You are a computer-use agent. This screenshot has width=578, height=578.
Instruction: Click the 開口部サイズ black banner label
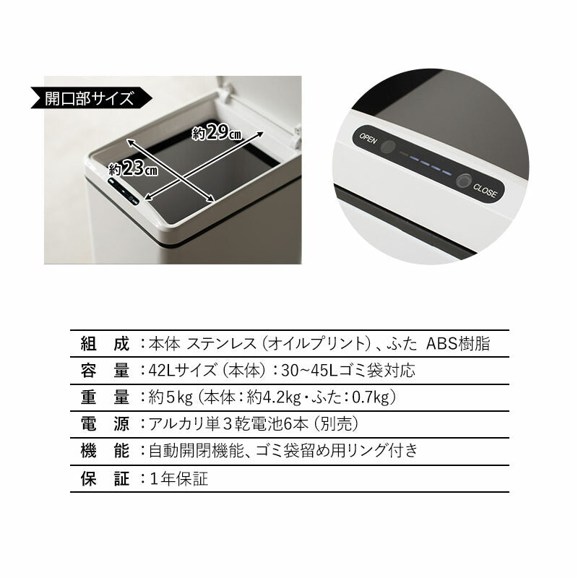click(91, 98)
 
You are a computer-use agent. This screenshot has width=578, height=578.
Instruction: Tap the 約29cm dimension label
click(216, 132)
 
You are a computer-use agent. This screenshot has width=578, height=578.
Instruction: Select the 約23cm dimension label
click(133, 169)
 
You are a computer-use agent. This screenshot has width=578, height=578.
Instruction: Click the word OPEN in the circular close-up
click(368, 138)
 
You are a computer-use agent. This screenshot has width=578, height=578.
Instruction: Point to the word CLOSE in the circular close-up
click(485, 191)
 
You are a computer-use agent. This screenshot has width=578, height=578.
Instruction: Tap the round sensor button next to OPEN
click(387, 147)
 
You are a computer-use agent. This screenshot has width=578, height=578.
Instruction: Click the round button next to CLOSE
click(464, 181)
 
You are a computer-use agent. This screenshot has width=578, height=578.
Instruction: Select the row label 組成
click(105, 344)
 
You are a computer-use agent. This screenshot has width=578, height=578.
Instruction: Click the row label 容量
click(105, 371)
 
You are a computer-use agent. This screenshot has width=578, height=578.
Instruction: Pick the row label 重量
click(105, 397)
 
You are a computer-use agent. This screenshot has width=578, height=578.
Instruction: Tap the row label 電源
click(105, 424)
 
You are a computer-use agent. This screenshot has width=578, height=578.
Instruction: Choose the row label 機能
click(105, 451)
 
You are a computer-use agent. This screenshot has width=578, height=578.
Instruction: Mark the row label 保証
click(105, 478)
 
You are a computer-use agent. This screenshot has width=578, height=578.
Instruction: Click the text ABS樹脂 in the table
click(458, 344)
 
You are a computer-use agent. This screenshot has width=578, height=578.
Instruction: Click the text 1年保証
click(178, 478)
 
